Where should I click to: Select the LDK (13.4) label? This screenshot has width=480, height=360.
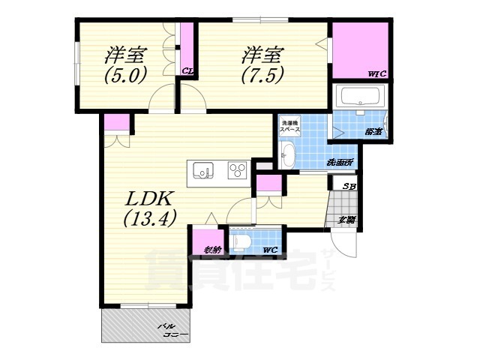150,208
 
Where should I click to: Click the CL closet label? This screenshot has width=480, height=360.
187,72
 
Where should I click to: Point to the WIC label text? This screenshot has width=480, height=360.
376,73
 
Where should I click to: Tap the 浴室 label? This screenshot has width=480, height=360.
373,132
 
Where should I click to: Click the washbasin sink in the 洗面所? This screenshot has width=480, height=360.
289,156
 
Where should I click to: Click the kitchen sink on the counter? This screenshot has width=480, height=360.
202,170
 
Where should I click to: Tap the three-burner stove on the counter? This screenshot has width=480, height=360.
237,170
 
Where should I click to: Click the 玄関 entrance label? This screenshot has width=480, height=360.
346,219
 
